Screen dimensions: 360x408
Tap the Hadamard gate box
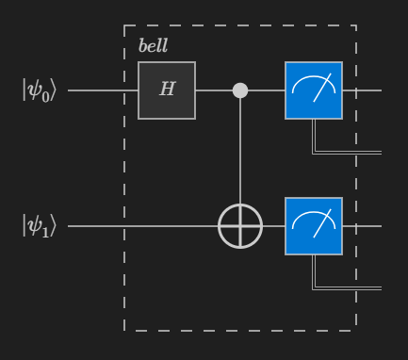[x=167, y=90]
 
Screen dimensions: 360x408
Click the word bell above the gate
[x=153, y=46]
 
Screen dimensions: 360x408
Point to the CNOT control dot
[x=240, y=90]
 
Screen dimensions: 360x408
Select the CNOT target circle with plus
[x=240, y=227]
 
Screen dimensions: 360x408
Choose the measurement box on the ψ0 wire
[x=314, y=90]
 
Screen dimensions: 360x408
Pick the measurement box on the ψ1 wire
[x=314, y=226]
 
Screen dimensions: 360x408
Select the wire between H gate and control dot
[x=214, y=91]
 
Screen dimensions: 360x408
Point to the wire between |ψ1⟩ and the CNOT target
[x=141, y=227]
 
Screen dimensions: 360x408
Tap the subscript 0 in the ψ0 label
[x=47, y=96]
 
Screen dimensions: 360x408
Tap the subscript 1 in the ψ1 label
[x=47, y=232]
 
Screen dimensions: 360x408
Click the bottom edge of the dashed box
[x=240, y=331]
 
